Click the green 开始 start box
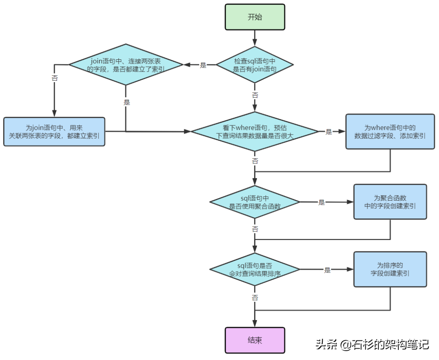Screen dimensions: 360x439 pyautogui.click(x=255, y=17)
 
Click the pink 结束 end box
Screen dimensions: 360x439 pyautogui.click(x=255, y=340)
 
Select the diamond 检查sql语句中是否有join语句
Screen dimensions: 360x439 pyautogui.click(x=255, y=65)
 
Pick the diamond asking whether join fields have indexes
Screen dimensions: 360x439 pyautogui.click(x=126, y=65)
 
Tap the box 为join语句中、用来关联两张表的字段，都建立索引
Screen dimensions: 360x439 pyautogui.click(x=54, y=132)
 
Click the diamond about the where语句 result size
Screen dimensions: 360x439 pyautogui.click(x=255, y=132)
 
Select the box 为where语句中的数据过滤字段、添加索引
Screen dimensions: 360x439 pyautogui.click(x=390, y=132)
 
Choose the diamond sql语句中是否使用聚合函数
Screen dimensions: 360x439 pyautogui.click(x=255, y=202)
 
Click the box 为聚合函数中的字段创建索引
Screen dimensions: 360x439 pyautogui.click(x=390, y=202)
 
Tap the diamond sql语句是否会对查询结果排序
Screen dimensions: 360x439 pyautogui.click(x=255, y=269)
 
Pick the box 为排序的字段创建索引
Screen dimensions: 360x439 pyautogui.click(x=390, y=269)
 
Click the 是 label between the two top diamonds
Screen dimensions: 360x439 pyautogui.click(x=203, y=65)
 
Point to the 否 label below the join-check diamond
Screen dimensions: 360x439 pyautogui.click(x=255, y=95)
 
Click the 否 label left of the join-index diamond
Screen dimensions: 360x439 pyautogui.click(x=54, y=78)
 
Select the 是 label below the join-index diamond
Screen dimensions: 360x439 pyautogui.click(x=126, y=102)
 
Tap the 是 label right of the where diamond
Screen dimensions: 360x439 pyautogui.click(x=329, y=132)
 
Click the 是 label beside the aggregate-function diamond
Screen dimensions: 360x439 pyautogui.click(x=322, y=202)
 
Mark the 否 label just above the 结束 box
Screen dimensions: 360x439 pyautogui.click(x=255, y=297)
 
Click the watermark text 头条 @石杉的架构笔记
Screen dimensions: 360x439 pyautogui.click(x=372, y=345)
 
